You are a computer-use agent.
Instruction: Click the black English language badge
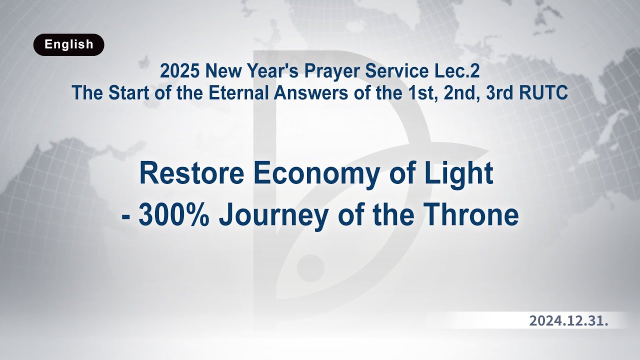[69, 44]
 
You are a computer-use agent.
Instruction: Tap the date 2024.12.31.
[568, 321]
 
